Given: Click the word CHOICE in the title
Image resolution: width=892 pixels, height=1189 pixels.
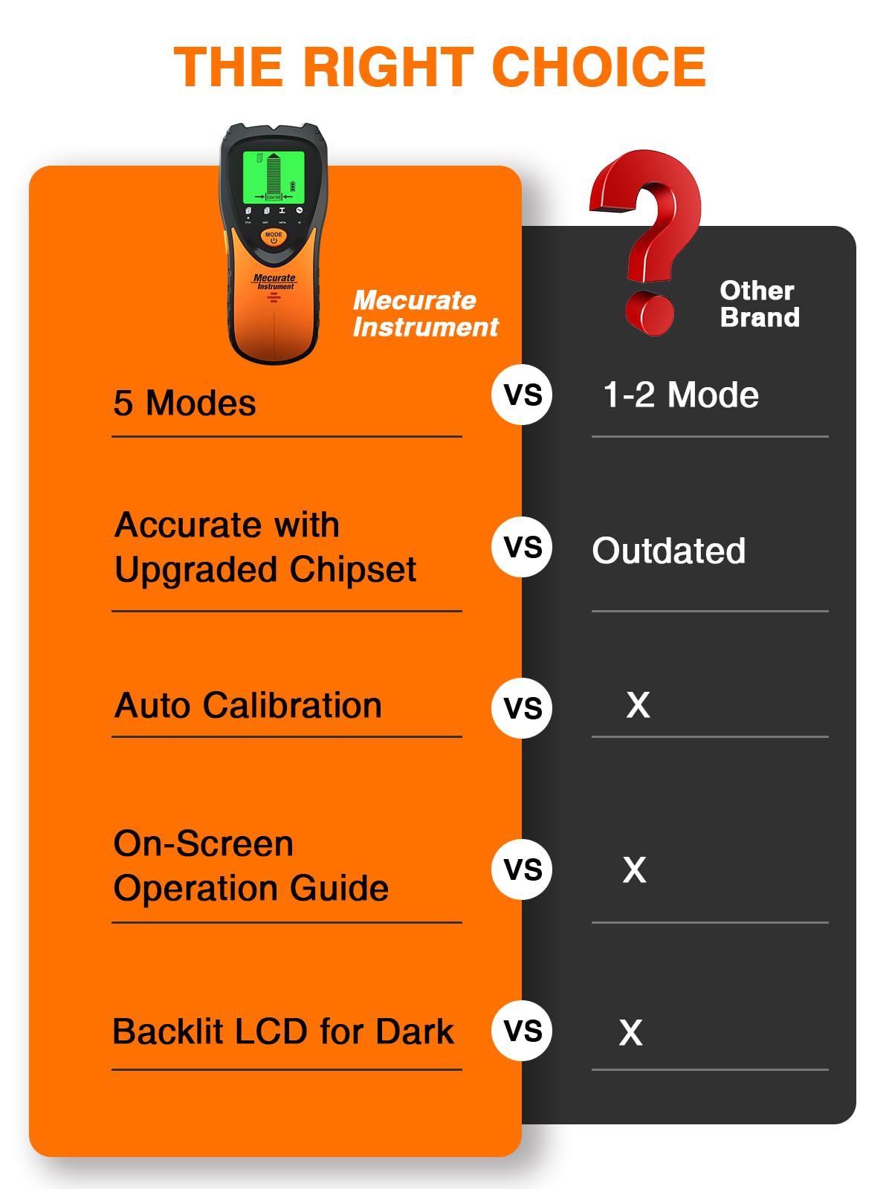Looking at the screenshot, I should pos(599,67).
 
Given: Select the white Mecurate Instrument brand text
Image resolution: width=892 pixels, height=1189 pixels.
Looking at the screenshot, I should pos(424,314).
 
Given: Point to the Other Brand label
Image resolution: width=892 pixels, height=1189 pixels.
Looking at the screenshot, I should pos(759,304).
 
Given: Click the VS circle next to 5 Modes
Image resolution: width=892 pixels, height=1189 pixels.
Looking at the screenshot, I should pos(522,395).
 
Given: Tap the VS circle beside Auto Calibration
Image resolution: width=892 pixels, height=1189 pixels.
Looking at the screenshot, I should pos(522,708).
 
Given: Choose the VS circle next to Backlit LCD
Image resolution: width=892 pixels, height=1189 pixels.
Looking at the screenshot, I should pos(522,1031).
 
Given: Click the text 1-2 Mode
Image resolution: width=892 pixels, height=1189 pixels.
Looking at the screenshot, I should pos(680,395).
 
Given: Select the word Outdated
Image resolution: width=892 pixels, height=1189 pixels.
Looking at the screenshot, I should pos(668,551).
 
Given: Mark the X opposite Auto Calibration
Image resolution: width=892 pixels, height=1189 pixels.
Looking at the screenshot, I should pos(638,705).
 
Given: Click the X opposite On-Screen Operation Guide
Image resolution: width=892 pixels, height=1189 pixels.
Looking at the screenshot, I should pos(634,870).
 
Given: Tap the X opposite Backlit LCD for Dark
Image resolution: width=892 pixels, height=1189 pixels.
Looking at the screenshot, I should pos(630,1033).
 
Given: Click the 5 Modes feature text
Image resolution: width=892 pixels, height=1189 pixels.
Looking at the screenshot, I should pos(184,404).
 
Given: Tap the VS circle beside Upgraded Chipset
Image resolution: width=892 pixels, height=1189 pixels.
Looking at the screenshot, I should pos(522,548).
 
